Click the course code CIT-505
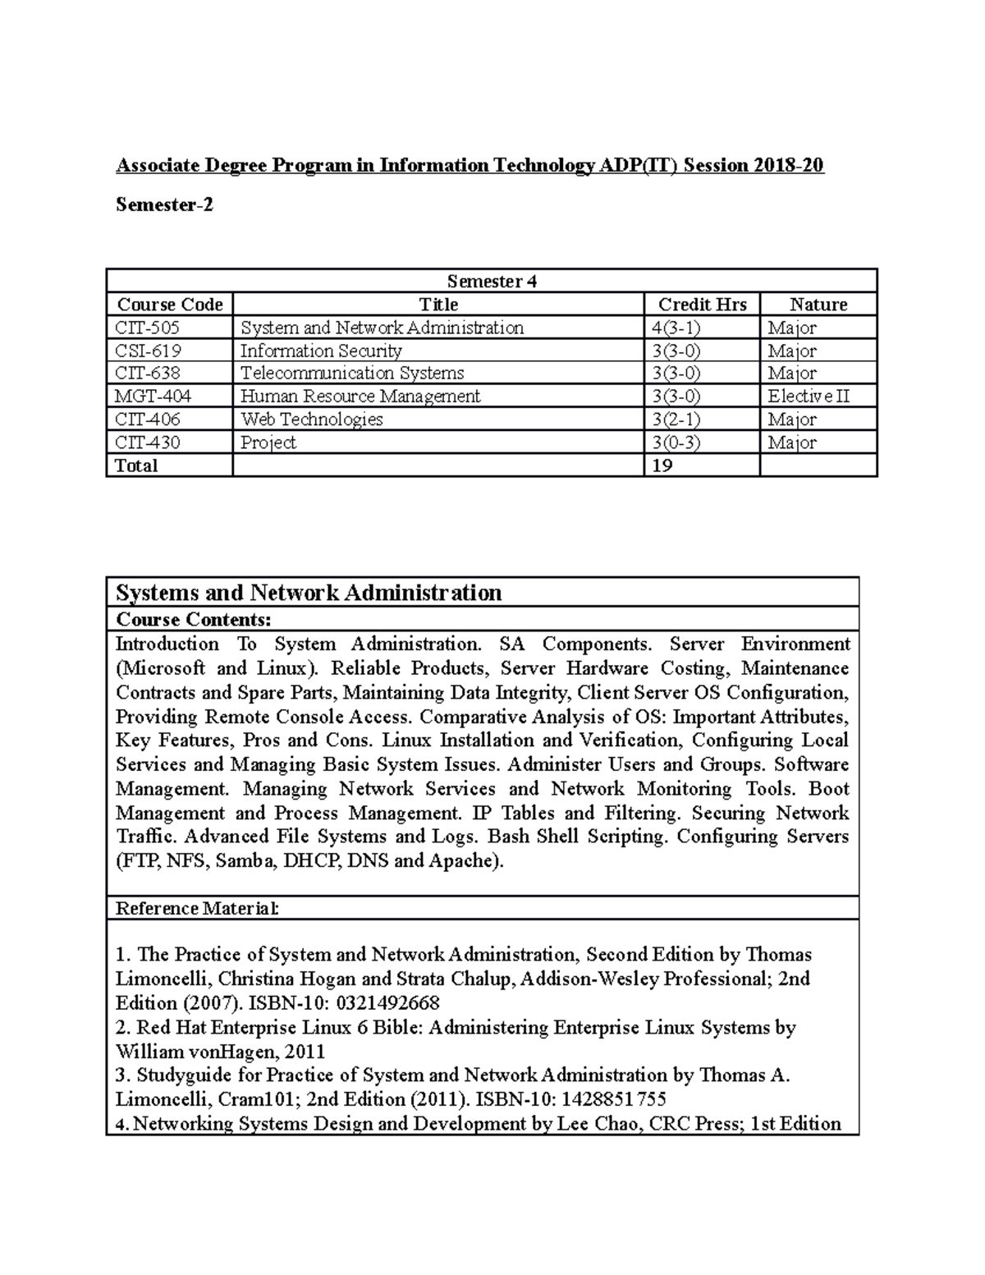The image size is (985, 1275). coord(147,328)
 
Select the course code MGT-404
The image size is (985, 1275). coord(153,397)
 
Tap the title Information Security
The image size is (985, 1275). coord(320,351)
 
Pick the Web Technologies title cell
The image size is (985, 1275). coord(311,420)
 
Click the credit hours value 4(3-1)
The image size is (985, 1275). coord(676,328)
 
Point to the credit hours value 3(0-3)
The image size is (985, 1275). coord(676,443)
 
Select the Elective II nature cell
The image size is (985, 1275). coord(808,397)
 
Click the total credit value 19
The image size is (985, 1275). coord(662,466)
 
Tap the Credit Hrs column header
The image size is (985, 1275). coord(702,305)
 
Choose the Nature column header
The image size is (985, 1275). coord(818,305)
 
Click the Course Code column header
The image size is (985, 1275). coord(170,305)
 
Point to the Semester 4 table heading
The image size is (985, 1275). coord(491,282)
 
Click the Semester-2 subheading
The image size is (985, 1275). coord(164,205)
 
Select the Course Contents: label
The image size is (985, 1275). coord(193,619)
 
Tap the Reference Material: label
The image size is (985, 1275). coord(197,909)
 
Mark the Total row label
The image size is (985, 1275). coord(136,466)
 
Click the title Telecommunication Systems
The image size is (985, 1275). coord(351,374)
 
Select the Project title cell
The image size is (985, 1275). coord(268,443)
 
